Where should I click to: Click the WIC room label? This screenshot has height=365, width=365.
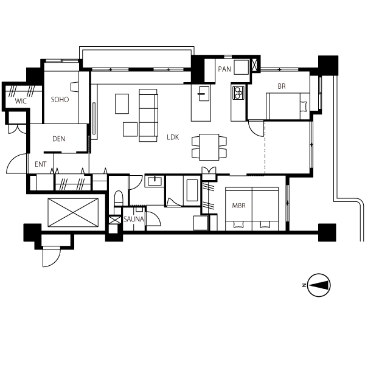click(x=21, y=101)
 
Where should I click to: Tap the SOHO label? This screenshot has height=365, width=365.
click(x=60, y=100)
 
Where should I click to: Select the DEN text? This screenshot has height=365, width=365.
click(x=58, y=139)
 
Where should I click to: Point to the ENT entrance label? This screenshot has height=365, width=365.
click(x=41, y=164)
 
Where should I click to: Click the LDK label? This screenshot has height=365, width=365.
click(x=173, y=137)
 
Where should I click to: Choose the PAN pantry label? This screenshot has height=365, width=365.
click(x=224, y=69)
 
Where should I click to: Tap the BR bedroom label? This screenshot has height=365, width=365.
click(x=282, y=86)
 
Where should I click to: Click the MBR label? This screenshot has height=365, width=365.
click(x=239, y=206)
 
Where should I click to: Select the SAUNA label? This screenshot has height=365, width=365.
click(x=134, y=219)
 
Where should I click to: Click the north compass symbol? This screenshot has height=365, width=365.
click(x=318, y=285)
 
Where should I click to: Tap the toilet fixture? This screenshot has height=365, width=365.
click(x=119, y=198)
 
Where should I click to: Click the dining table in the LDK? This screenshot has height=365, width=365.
click(x=209, y=147)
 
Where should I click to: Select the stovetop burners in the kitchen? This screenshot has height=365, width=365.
click(x=238, y=92)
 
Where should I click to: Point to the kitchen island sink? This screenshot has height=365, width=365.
click(x=204, y=94)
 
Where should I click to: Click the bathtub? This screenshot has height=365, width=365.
click(x=192, y=190)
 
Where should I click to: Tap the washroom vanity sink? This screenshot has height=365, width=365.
click(x=155, y=181)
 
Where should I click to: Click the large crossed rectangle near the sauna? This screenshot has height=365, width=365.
click(x=73, y=212)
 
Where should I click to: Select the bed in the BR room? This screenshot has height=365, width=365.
click(x=288, y=106)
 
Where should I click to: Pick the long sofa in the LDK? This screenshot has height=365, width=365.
click(x=148, y=115)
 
